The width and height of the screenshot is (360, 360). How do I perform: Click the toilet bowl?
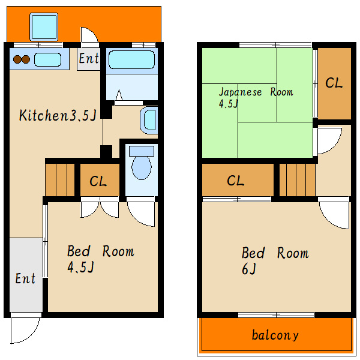tap(142, 168)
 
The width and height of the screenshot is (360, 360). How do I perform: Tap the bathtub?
tap(131, 59)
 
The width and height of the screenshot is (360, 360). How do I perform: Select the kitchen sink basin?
tap(48, 59)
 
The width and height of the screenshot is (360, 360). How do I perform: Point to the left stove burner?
tap(17, 59)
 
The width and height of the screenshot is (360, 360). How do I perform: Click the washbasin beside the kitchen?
tap(149, 120)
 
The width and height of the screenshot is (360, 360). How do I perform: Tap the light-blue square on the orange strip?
tap(44, 27)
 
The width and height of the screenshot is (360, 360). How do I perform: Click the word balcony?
tap(275, 335)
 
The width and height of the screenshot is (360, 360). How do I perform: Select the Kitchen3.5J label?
tap(58, 115)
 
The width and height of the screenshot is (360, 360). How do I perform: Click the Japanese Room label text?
tap(256, 92)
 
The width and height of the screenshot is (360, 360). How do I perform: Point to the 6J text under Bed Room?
tap(249, 269)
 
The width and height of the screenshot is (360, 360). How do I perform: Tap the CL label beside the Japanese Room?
tap(334, 83)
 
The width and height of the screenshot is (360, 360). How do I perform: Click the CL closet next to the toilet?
tap(100, 180)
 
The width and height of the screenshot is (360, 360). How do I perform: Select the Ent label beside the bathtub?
tap(89, 58)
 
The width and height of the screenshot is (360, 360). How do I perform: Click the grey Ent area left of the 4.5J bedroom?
tap(26, 275)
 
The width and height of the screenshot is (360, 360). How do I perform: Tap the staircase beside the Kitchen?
tap(59, 180)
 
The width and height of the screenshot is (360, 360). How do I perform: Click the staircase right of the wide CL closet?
tap(298, 180)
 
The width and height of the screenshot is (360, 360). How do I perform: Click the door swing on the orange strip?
tap(89, 34)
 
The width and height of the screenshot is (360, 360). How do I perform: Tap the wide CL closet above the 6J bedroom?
tap(238, 180)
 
